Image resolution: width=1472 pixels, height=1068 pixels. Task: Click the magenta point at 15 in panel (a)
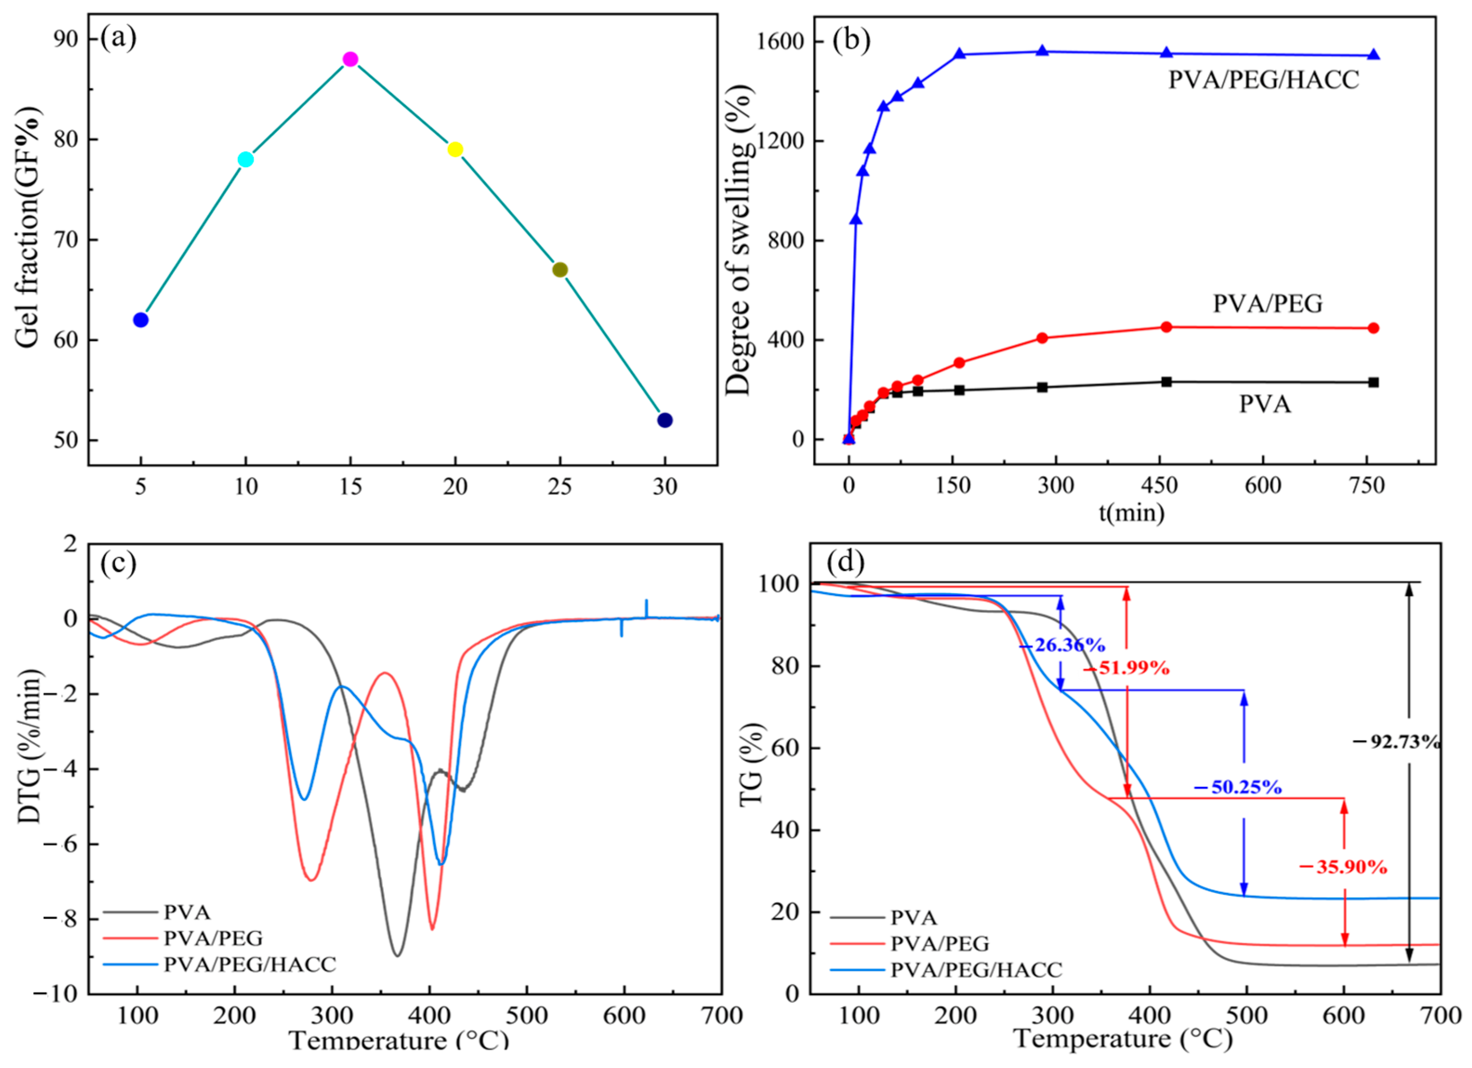pos(350,59)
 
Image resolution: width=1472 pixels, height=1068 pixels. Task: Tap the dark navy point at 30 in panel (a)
pos(664,420)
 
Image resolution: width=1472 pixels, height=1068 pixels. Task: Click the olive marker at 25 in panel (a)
pos(560,270)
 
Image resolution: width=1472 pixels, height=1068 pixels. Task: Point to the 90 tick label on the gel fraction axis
pos(66,39)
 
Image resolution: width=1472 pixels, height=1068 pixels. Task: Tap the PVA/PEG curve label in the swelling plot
pos(1268,304)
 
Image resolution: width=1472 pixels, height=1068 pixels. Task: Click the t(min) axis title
pos(1131,513)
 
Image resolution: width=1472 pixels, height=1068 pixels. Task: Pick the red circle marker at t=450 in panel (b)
pos(1166,327)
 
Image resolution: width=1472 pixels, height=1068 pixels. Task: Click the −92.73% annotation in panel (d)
pos(1395,741)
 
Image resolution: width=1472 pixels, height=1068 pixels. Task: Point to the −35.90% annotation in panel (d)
pos(1343,867)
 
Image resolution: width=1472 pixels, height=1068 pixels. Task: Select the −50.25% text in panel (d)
pos(1238,787)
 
